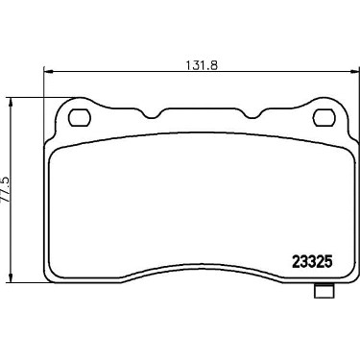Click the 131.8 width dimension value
pyautogui.click(x=202, y=65)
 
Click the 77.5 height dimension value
pyautogui.click(x=6, y=190)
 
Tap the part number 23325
pyautogui.click(x=312, y=263)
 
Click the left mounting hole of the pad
pyautogui.click(x=80, y=118)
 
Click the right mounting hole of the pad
pyautogui.click(x=324, y=118)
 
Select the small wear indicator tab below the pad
pyautogui.click(x=324, y=291)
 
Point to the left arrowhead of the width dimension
pyautogui.click(x=47, y=71)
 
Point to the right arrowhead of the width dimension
pyautogui.click(x=355, y=71)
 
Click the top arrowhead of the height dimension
pyautogui.click(x=12, y=103)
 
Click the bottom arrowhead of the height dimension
pyautogui.click(x=12, y=277)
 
